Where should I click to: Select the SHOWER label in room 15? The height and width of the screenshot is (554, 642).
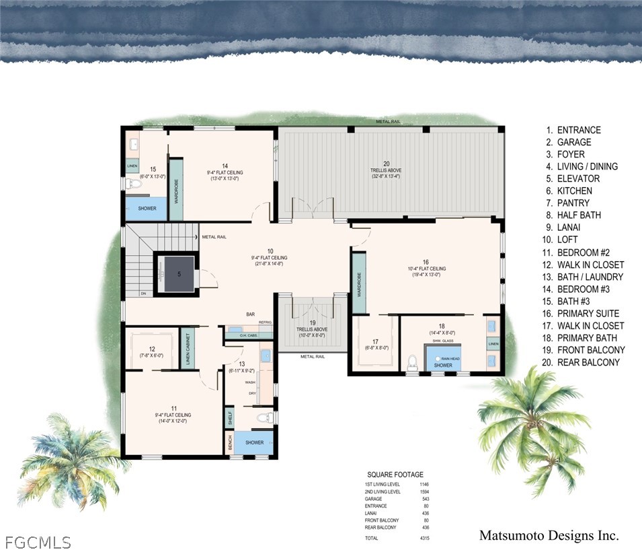point(147,209)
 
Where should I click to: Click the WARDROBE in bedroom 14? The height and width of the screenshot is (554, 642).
point(176,190)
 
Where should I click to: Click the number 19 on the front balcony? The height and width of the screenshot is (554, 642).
point(313,322)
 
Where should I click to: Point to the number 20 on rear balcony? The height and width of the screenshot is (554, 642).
point(386,164)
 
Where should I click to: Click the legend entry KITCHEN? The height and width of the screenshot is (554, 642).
point(574,191)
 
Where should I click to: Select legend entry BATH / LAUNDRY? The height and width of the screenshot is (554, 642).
point(590,277)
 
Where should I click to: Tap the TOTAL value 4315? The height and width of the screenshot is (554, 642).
point(424,539)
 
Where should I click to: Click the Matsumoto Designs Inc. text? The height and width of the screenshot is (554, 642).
point(549,536)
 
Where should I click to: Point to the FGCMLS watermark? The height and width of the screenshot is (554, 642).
point(38,542)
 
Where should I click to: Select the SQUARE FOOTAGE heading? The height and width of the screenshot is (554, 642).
point(395,474)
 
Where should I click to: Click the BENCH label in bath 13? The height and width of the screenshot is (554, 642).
point(231,443)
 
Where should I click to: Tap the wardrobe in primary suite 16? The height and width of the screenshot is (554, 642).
point(359,283)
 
